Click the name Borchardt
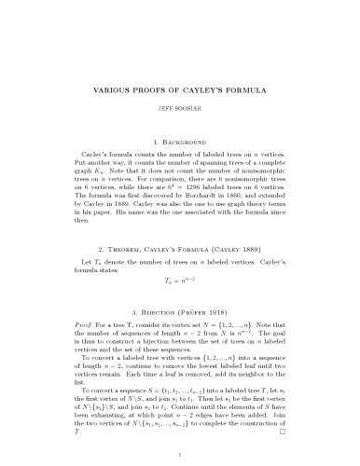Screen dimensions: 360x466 (x=203, y=196)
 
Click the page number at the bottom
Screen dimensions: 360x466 (x=180, y=454)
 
